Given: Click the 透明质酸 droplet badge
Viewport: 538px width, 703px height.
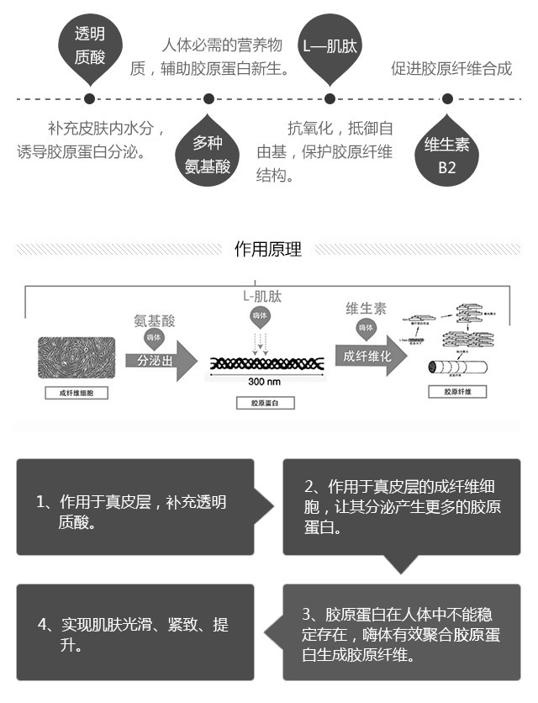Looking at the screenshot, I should tap(90, 45).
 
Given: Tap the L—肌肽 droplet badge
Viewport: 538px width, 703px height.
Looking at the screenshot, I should tap(330, 47).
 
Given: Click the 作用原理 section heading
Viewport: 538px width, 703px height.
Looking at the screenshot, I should tap(268, 249).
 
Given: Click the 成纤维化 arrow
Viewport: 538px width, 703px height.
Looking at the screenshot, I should tap(369, 356).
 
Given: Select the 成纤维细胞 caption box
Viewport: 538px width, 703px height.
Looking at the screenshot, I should tap(76, 392).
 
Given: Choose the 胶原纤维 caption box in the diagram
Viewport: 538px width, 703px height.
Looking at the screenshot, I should tap(457, 392).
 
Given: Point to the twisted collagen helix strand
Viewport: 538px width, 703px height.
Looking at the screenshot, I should tap(265, 362).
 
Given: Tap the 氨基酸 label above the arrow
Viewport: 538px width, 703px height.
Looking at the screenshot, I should tap(155, 320).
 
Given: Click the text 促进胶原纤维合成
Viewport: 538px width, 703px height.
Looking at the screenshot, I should tap(451, 68).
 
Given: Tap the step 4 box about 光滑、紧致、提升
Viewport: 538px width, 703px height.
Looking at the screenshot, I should tap(134, 632).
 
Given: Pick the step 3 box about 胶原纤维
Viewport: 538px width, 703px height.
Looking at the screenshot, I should tap(401, 632).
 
